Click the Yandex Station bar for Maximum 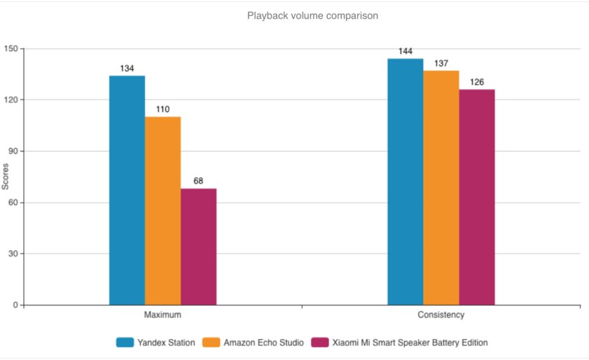127,191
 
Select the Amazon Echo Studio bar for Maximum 162,211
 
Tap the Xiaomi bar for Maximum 198,247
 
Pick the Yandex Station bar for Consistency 406,182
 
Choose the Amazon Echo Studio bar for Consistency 441,188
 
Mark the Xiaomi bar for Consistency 477,198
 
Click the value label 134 127,69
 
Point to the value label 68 198,181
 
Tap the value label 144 406,52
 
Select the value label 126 477,83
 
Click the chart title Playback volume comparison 312,15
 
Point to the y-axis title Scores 6,176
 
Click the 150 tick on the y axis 11,49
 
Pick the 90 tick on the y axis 13,151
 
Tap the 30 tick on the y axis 13,254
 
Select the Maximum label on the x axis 162,315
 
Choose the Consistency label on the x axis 441,315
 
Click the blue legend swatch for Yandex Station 125,342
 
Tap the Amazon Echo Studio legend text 263,342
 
